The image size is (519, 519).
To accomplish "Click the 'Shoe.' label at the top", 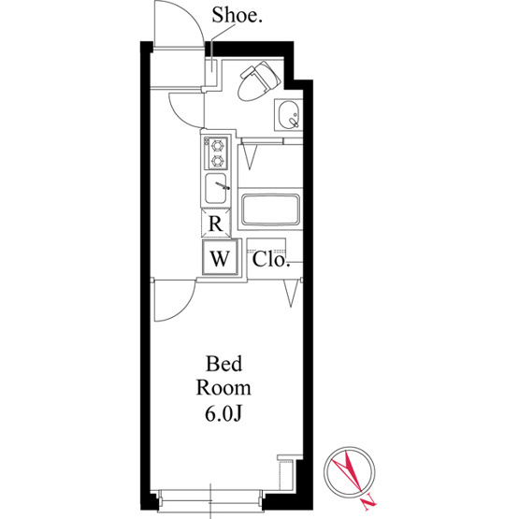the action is (x=237, y=15).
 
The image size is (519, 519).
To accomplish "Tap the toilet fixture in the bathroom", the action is (x=259, y=81).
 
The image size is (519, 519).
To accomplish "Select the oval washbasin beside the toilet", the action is (x=289, y=114).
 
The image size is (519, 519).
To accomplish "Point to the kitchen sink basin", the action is (x=216, y=188).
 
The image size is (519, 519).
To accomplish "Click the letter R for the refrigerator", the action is (x=216, y=224).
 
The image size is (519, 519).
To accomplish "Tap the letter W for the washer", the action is (x=220, y=258).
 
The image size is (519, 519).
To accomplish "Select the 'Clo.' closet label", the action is (x=271, y=260).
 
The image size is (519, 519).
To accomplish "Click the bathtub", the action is (x=271, y=209).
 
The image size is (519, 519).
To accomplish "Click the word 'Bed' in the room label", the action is (x=223, y=364).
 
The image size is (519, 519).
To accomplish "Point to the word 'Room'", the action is (x=223, y=388).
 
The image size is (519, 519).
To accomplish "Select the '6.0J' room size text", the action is (x=223, y=413).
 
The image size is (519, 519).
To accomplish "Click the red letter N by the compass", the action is (x=369, y=503).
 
